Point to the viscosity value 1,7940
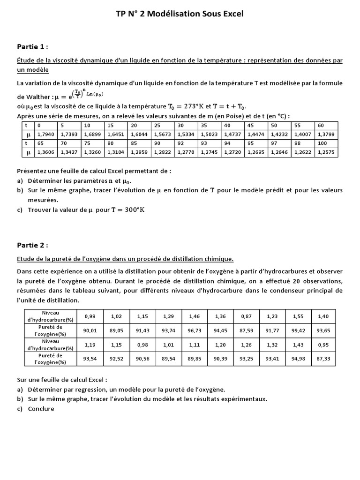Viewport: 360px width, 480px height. point(45,135)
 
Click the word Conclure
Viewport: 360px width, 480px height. point(41,408)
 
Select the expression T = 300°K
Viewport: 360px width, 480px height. point(128,210)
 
